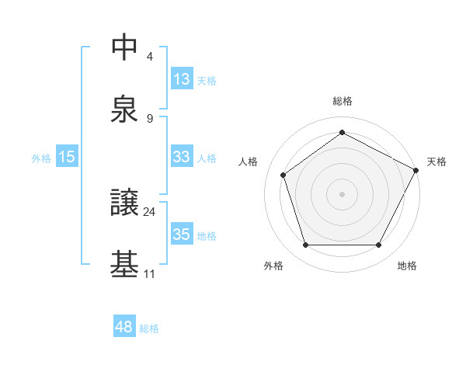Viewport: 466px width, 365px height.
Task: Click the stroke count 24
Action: point(150,210)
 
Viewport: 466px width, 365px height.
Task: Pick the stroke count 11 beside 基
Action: point(149,273)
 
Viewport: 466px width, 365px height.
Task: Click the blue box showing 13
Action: point(182,79)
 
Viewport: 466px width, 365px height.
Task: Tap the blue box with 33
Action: point(182,157)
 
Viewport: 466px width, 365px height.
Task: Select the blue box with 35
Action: point(182,235)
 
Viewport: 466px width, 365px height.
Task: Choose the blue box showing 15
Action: point(67,157)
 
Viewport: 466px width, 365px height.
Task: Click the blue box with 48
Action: point(123,327)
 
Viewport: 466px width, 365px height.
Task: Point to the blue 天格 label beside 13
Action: point(207,80)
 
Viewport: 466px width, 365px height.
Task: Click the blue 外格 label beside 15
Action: point(41,158)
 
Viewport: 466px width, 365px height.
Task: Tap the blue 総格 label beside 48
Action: point(149,328)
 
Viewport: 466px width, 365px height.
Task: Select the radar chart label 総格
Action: point(343,101)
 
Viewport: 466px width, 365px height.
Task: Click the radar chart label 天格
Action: point(436,162)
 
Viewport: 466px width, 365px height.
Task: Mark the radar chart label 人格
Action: point(248,162)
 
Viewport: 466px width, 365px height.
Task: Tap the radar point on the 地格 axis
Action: point(379,245)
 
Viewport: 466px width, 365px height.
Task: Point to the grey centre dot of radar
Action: point(343,193)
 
